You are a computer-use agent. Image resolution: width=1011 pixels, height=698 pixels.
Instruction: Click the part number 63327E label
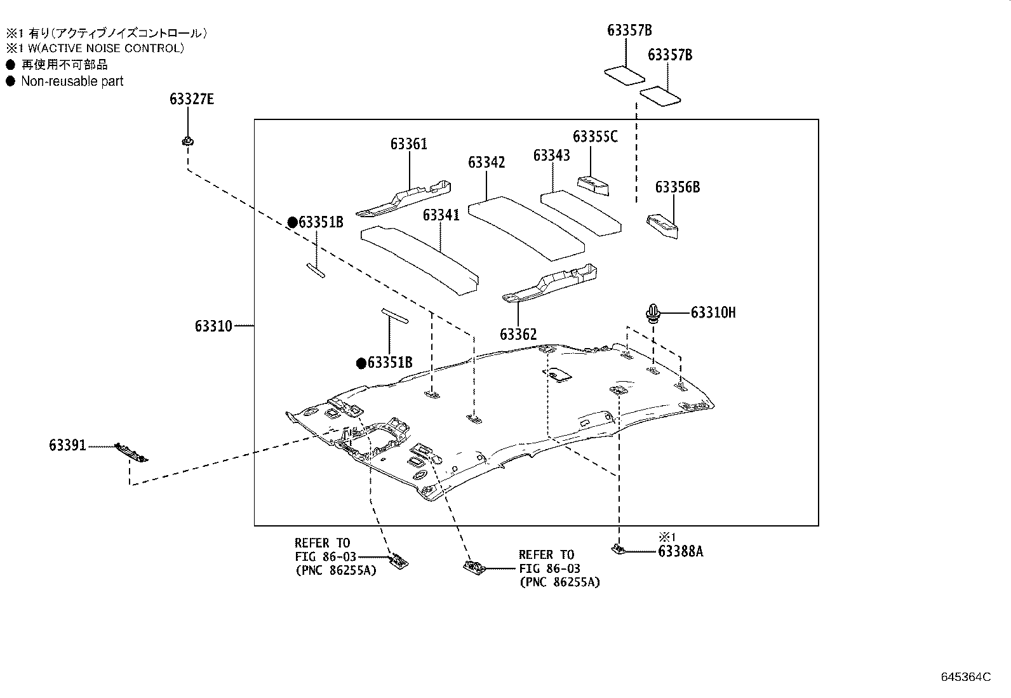coord(191,99)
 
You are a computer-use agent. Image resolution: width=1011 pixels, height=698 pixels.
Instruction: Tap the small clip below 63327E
coord(187,141)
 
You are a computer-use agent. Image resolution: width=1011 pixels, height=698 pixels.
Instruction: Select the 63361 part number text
coord(408,144)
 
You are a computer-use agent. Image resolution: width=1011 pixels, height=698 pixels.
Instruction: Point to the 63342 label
coord(486,163)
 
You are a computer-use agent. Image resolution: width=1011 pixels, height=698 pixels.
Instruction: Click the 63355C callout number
coord(594,137)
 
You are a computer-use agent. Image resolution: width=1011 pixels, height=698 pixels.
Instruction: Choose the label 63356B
coord(677,187)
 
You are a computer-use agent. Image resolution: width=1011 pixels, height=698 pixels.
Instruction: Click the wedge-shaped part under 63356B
coord(662,226)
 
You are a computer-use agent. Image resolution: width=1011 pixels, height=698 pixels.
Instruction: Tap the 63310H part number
coord(713,312)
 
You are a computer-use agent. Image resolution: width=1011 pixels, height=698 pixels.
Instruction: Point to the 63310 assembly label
coord(213,326)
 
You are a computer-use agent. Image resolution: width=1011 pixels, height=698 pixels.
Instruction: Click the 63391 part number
coord(67,446)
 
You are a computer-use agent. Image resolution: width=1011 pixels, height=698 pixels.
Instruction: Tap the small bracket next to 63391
coord(131,452)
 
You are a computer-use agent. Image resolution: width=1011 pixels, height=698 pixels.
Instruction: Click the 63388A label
coord(680,551)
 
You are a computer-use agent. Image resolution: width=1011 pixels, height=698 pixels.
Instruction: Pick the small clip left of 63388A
coord(618,548)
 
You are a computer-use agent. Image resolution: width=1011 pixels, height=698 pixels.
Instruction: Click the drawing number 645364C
coord(965,677)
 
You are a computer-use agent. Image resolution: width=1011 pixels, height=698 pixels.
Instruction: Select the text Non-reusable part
coord(72,81)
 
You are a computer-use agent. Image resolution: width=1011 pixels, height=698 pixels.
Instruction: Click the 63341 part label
coord(441,215)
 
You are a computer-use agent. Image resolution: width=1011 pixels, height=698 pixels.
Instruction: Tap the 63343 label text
coord(551,156)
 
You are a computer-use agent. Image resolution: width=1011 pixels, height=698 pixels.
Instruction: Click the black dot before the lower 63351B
coord(361,363)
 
